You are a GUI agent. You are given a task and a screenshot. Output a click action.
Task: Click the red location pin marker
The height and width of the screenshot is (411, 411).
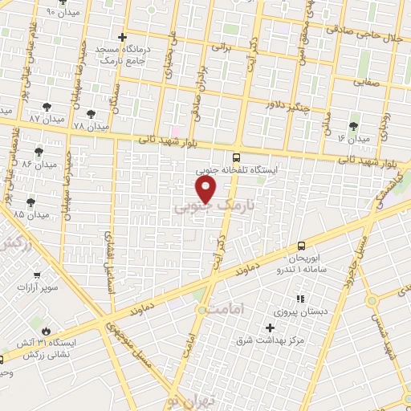tap(206, 189)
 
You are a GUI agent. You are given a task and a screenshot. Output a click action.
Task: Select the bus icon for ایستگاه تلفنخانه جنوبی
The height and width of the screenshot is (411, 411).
tap(236, 158)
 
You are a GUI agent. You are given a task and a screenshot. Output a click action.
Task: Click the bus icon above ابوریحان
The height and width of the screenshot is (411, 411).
tap(301, 245)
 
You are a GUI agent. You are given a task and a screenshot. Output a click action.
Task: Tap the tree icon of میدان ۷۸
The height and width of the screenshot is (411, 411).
tap(91, 114)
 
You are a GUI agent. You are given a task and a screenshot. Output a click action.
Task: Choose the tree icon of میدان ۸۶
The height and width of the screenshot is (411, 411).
tap(39, 152)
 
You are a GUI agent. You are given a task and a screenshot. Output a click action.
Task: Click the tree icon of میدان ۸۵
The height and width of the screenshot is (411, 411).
tap(31, 201)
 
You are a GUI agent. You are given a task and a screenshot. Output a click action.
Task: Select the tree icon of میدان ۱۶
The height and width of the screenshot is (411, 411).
tap(353, 126)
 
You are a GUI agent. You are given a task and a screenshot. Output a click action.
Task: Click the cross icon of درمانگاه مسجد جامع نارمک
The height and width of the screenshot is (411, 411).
tap(122, 37)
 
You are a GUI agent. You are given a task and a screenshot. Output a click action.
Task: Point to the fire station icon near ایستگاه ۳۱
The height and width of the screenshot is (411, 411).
tap(46, 331)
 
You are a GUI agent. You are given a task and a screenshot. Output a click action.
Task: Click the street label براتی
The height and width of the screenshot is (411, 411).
tap(220, 47)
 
